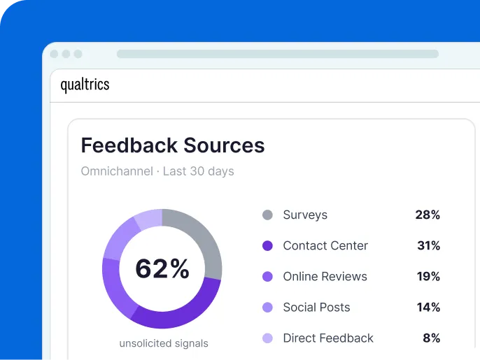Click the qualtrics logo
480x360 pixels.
(85, 85)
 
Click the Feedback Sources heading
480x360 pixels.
(173, 145)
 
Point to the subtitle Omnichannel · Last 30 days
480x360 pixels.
(157, 171)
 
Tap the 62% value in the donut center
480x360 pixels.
(162, 269)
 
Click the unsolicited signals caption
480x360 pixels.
(164, 343)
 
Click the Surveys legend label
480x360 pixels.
(305, 215)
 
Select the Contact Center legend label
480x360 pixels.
(325, 246)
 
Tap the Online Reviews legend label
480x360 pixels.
(325, 277)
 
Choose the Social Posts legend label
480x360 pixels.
(316, 308)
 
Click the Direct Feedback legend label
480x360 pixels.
(328, 338)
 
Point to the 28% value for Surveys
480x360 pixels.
(428, 215)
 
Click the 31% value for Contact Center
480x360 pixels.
(428, 246)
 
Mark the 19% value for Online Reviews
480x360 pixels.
(428, 277)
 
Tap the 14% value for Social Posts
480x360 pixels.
(428, 308)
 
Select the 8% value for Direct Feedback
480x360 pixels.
(431, 338)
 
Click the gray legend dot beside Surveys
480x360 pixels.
(267, 215)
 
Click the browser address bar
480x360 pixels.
(278, 54)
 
